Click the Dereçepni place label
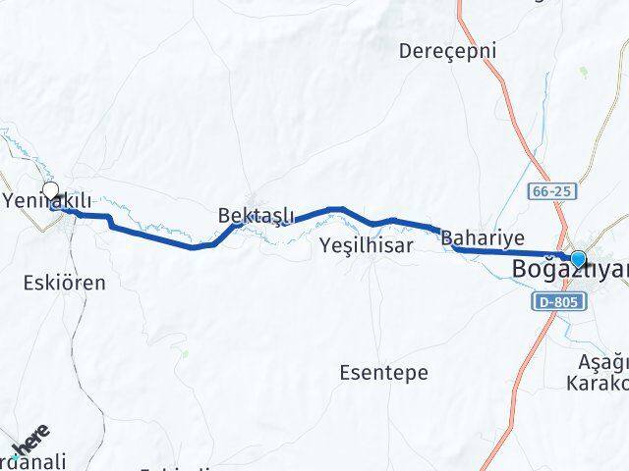pyautogui.click(x=448, y=50)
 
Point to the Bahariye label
pyautogui.click(x=483, y=236)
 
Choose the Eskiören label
pyautogui.click(x=63, y=283)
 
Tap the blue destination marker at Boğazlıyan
pyautogui.click(x=579, y=260)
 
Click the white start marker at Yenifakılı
pyautogui.click(x=50, y=191)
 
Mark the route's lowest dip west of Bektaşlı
pyautogui.click(x=194, y=247)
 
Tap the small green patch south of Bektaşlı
pyautogui.click(x=184, y=348)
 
